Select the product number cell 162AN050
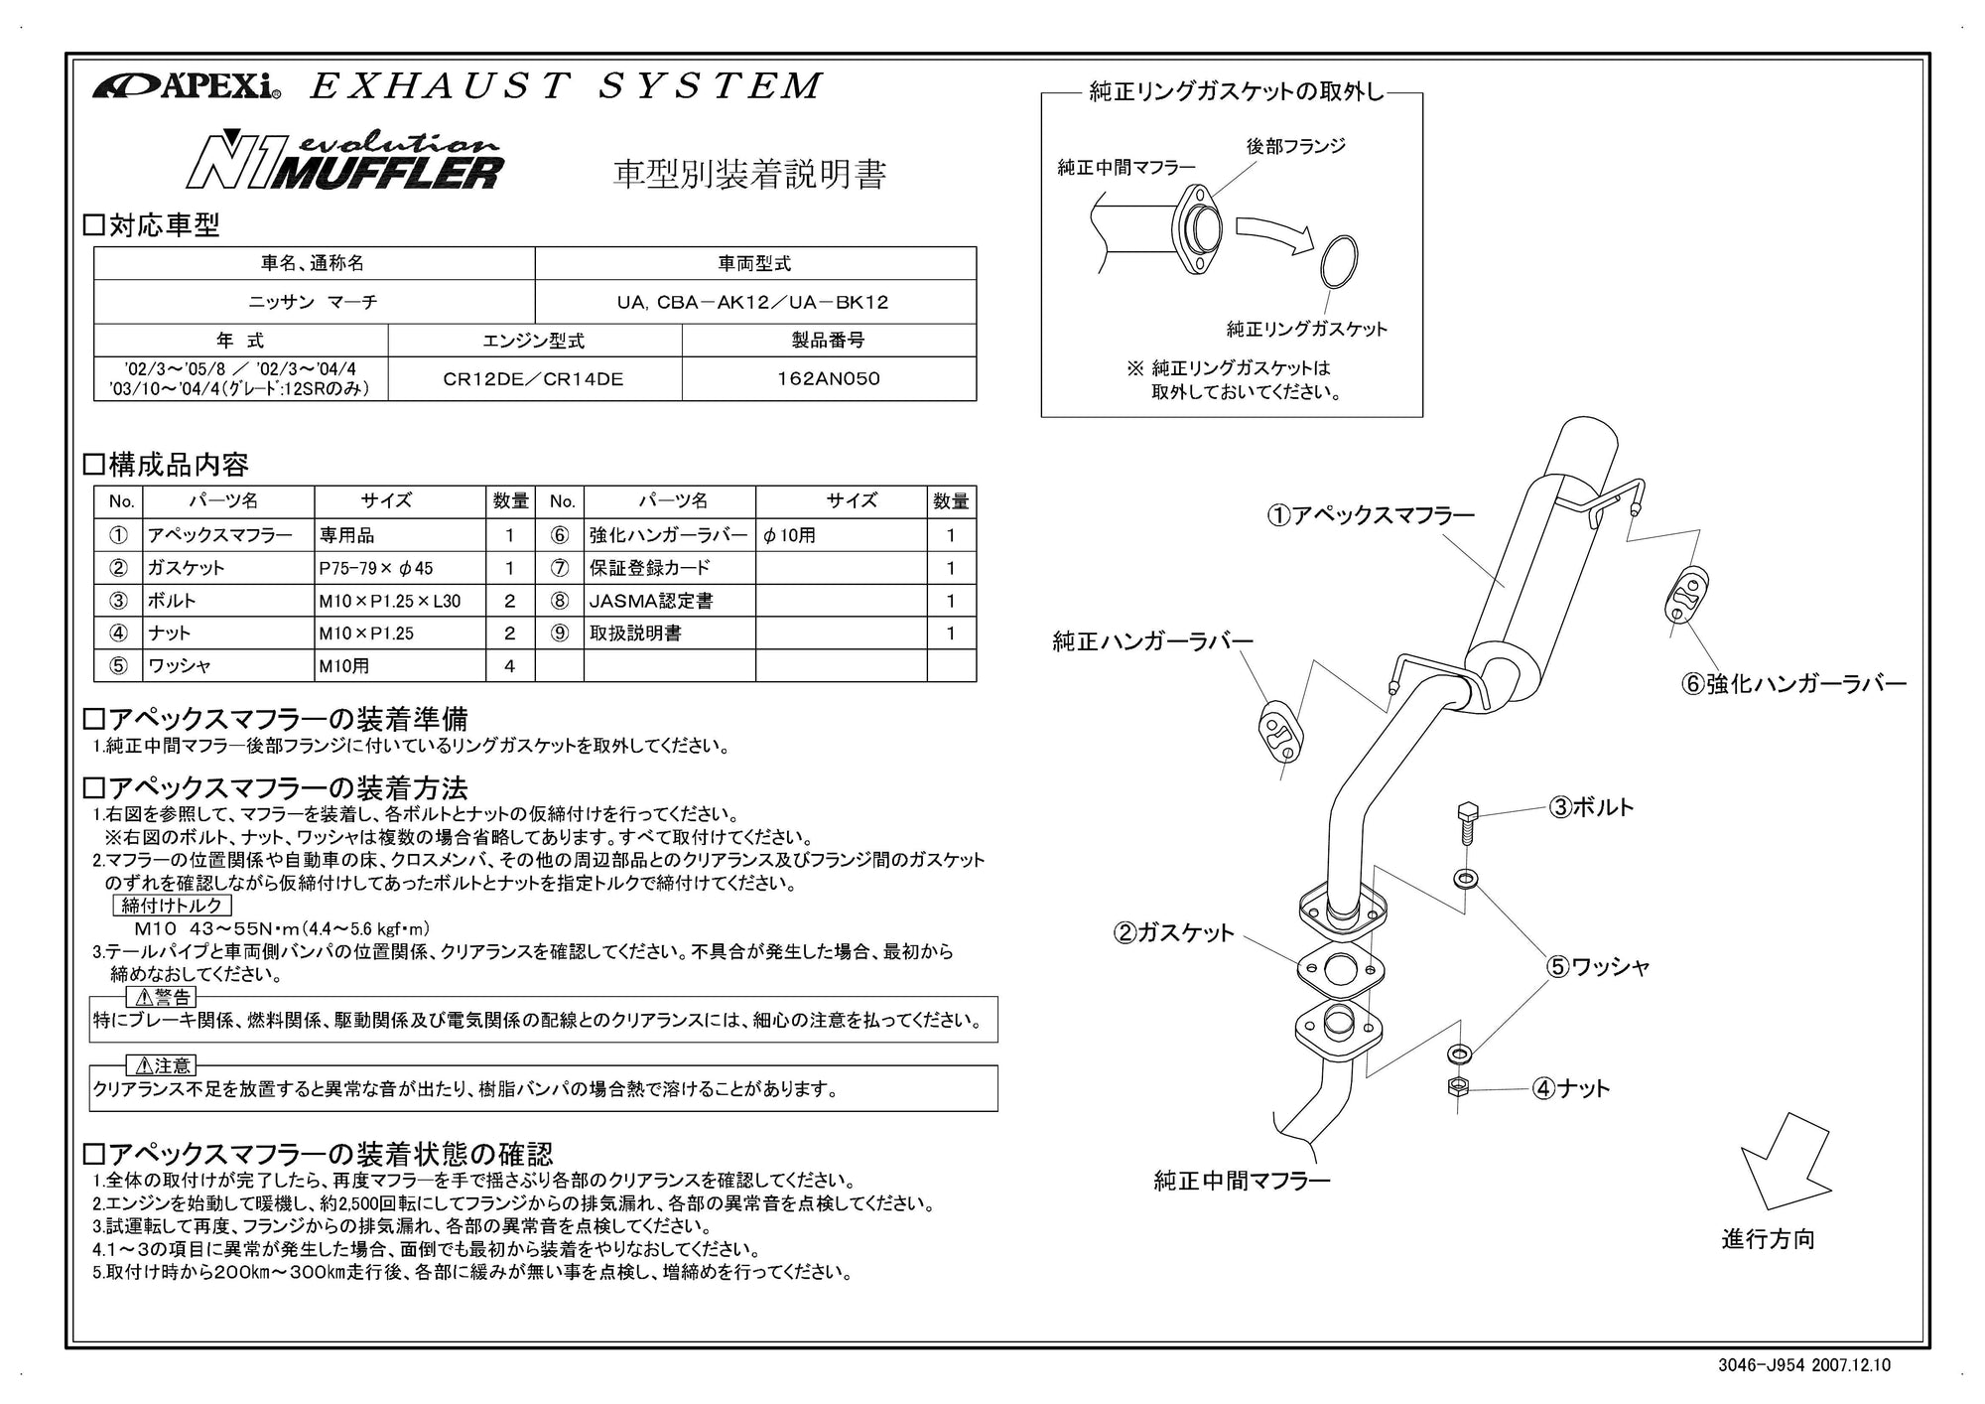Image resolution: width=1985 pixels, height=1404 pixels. pyautogui.click(x=828, y=378)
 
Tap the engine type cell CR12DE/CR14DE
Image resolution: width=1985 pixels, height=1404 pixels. pyautogui.click(x=534, y=378)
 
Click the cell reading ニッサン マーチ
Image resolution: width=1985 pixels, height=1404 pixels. pyautogui.click(x=313, y=302)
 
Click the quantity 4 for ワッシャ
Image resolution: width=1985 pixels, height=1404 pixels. pyautogui.click(x=509, y=666)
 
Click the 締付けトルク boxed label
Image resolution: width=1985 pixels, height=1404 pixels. pyautogui.click(x=172, y=905)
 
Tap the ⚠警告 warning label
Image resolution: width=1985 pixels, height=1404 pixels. pyautogui.click(x=162, y=997)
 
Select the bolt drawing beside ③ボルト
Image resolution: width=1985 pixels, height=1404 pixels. pyautogui.click(x=1466, y=821)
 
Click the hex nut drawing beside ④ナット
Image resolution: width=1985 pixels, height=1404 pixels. pyautogui.click(x=1458, y=1086)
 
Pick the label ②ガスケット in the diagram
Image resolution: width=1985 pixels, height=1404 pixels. pyautogui.click(x=1173, y=932)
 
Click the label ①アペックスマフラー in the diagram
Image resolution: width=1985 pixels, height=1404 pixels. pyautogui.click(x=1370, y=514)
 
